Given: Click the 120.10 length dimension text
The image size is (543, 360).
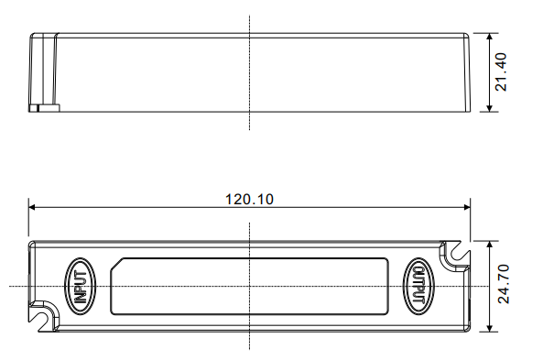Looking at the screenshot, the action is [249, 199].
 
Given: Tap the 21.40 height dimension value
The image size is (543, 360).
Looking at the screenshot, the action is [501, 72].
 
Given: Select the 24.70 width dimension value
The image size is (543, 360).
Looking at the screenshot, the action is [504, 284].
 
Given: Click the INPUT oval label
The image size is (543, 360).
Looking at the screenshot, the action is [81, 287].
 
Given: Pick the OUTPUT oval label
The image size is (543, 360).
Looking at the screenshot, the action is [418, 287].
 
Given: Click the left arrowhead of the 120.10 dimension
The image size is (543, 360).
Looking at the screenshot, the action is [32, 207].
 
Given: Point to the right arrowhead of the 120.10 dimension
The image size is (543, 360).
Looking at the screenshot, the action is [467, 207].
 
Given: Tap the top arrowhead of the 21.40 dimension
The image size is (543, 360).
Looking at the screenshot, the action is [489, 37].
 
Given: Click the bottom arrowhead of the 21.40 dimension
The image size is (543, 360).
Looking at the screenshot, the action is [489, 108].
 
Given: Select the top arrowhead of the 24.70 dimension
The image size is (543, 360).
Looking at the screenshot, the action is [489, 245].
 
